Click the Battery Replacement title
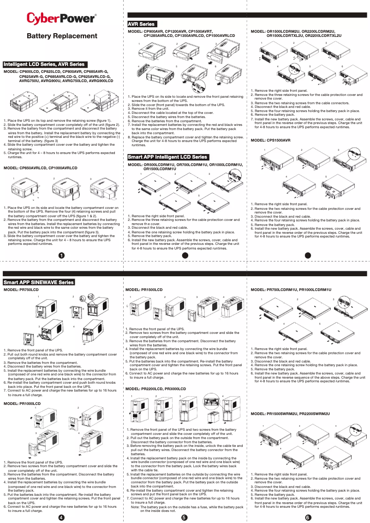point(62,36)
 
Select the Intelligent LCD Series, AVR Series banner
point(44,64)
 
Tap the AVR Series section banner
point(142,24)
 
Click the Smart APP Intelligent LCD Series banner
point(168,157)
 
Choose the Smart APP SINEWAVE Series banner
point(39,282)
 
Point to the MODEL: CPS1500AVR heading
point(270,140)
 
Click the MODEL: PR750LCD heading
point(21,290)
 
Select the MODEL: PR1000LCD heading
point(22,404)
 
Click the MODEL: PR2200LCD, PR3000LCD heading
point(156,390)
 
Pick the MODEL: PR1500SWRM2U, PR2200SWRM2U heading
point(290,414)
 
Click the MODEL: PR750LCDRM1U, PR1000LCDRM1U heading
point(291,290)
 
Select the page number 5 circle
point(184,517)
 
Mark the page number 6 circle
point(308,517)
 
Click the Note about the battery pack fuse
point(187,509)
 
